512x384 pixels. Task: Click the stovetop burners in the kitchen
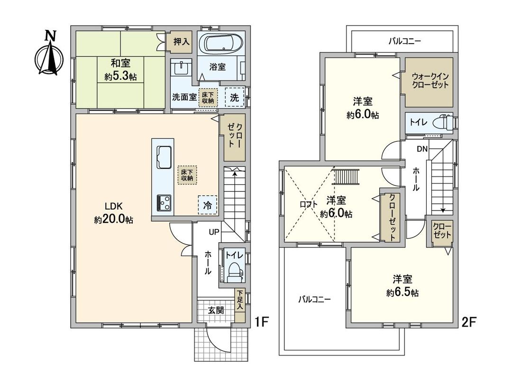(164, 202)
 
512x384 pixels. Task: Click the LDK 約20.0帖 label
(114, 213)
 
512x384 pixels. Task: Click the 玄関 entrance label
(216, 311)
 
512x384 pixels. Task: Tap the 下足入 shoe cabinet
(240, 301)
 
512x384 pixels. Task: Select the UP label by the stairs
(214, 232)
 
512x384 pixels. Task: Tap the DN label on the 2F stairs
(422, 149)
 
